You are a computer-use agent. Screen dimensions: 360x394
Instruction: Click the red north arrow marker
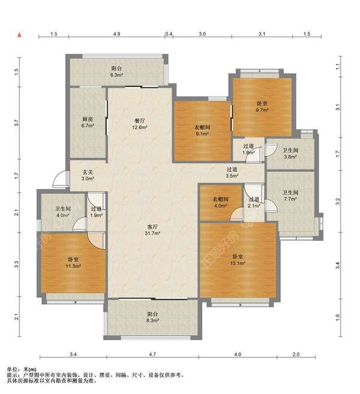click(x=19, y=35)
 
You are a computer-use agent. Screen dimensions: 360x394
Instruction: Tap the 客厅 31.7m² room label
click(x=152, y=230)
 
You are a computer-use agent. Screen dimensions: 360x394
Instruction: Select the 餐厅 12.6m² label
click(x=140, y=124)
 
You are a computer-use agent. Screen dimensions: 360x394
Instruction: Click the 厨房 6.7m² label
click(x=88, y=123)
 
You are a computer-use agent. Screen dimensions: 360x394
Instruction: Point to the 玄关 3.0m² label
click(x=88, y=175)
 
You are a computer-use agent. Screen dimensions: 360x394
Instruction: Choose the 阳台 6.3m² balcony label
click(x=116, y=71)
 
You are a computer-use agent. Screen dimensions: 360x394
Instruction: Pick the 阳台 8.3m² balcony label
click(x=152, y=317)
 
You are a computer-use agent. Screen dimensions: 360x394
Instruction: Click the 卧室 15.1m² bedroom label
click(x=238, y=260)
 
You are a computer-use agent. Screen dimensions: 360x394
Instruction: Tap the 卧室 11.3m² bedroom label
click(x=73, y=262)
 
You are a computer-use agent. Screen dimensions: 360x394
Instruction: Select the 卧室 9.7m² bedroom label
click(x=262, y=106)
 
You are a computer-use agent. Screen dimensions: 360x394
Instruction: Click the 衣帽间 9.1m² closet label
click(x=202, y=130)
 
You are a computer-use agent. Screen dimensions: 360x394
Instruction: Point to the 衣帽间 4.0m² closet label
click(x=220, y=202)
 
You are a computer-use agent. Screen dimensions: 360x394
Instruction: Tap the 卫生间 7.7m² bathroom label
click(x=290, y=195)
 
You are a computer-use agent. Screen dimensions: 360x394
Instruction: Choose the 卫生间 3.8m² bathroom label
click(x=290, y=153)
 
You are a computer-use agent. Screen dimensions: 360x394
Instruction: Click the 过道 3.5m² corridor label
click(x=232, y=172)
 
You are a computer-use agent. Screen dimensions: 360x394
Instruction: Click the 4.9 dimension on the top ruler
click(x=116, y=34)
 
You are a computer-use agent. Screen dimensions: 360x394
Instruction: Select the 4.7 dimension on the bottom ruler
click(x=152, y=354)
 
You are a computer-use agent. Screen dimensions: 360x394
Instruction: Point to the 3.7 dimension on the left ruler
click(x=17, y=123)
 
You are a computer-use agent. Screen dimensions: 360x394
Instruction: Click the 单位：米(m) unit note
click(x=22, y=369)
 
